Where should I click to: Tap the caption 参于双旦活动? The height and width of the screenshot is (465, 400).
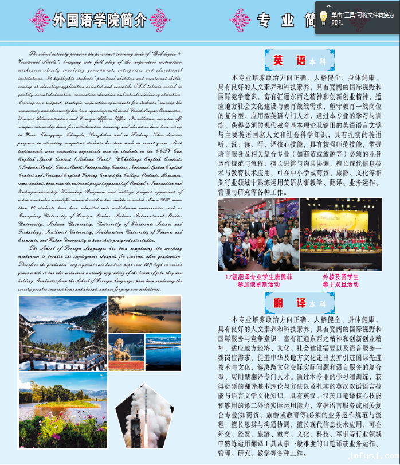tap(340, 284)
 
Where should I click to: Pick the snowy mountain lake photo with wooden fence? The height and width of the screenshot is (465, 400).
tap(62, 331)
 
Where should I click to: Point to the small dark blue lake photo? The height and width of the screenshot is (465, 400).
tap(163, 351)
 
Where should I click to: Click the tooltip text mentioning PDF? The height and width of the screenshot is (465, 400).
tap(359, 19)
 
